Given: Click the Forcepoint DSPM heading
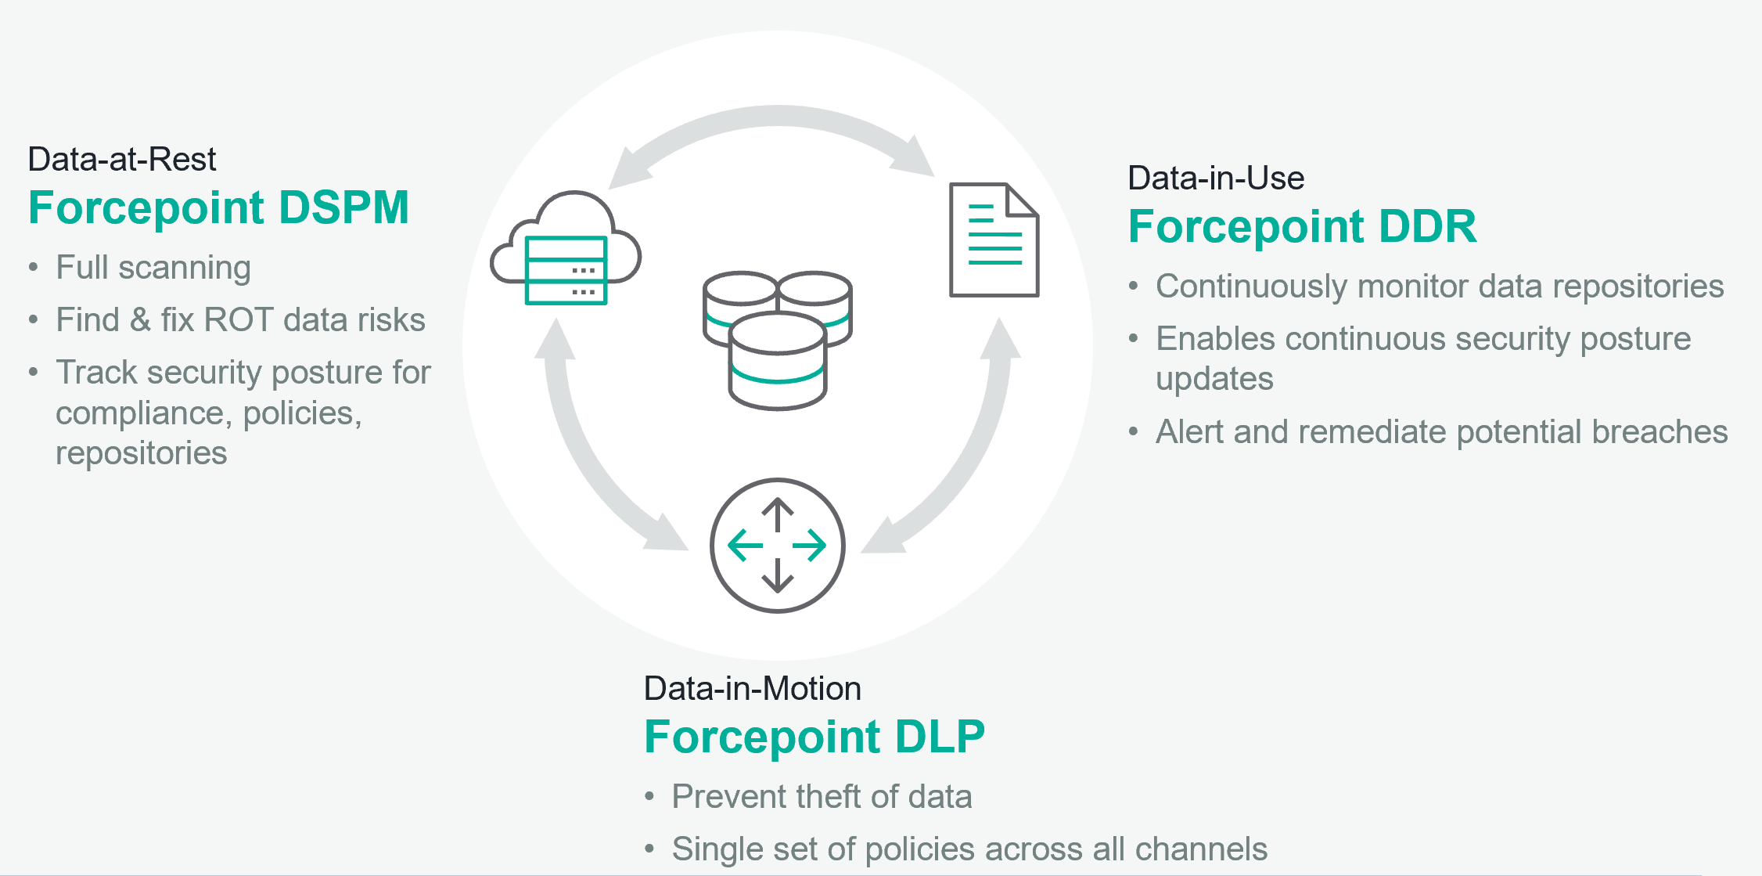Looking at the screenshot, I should click(218, 207).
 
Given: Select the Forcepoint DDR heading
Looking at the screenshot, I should click(1302, 226).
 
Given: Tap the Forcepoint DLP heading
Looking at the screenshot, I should click(814, 737).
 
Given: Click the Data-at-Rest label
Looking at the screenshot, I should click(121, 159).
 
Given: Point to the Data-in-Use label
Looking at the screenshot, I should click(1215, 178).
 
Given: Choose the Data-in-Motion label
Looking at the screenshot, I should click(752, 689).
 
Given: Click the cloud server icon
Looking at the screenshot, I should click(566, 248).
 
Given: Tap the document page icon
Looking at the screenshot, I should click(994, 240).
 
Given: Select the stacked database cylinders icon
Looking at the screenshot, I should click(777, 340).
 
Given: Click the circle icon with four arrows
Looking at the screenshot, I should click(777, 546).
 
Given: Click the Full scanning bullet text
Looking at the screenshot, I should click(153, 268).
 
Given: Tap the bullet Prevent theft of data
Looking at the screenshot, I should click(822, 797).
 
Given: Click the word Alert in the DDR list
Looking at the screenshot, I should click(1189, 432).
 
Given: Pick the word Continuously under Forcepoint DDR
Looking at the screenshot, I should click(1252, 287).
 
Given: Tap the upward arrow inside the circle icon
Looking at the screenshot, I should click(777, 514).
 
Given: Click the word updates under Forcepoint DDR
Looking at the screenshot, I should click(1214, 379).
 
